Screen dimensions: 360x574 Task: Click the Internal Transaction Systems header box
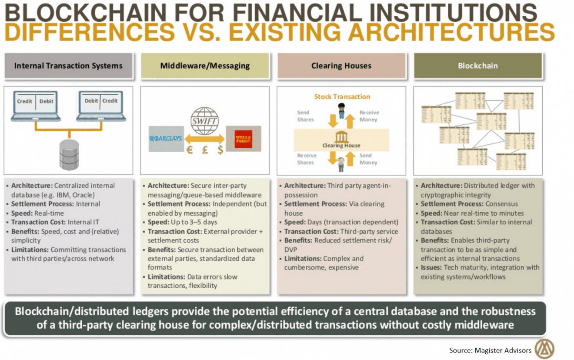point(68,66)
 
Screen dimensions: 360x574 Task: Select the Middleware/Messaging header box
point(205,66)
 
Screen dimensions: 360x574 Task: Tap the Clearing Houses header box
point(341,66)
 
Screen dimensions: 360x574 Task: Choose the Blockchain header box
point(477,66)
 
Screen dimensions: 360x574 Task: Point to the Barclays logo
point(166,139)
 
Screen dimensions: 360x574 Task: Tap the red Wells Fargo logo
point(243,139)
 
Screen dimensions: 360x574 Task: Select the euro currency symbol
point(190,150)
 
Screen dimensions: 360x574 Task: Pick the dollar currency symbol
point(220,150)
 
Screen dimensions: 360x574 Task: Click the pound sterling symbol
point(205,150)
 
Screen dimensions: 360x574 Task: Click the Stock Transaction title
point(342,97)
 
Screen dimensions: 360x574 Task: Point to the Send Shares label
point(305,116)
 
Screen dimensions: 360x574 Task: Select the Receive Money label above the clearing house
point(369,116)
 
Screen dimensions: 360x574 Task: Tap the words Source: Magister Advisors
point(490,350)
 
